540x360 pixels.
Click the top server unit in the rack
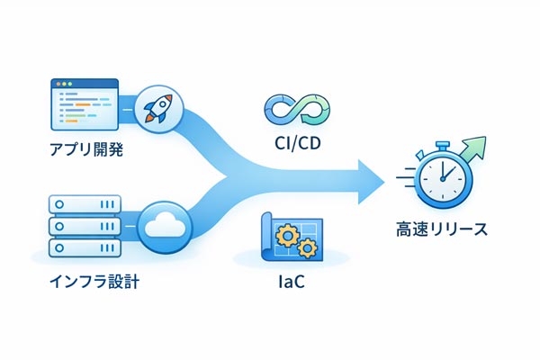(x=83, y=203)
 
